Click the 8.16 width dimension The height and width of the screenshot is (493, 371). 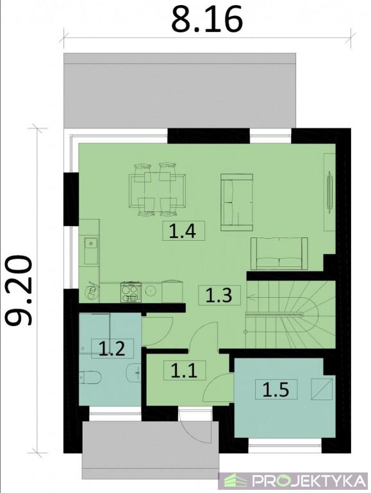point(207,19)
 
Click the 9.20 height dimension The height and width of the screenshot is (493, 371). point(19,290)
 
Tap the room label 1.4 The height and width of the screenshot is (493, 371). point(183,231)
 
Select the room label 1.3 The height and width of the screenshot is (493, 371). point(219,295)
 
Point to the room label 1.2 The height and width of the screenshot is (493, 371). point(112,349)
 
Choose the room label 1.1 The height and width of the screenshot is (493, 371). point(185,370)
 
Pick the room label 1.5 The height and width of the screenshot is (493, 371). point(276,389)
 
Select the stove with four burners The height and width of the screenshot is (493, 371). point(131,292)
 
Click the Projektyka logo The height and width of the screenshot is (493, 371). point(293,481)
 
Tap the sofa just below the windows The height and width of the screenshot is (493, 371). point(236,202)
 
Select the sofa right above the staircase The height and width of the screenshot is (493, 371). point(279,254)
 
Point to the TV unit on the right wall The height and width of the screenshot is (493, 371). point(329,192)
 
